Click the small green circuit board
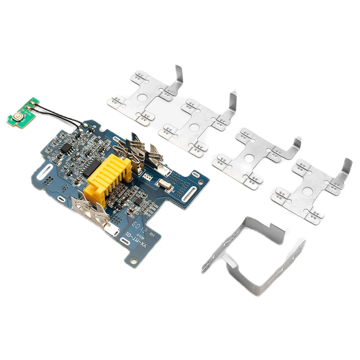coord(23,111)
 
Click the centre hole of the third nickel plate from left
coord(249,158)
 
